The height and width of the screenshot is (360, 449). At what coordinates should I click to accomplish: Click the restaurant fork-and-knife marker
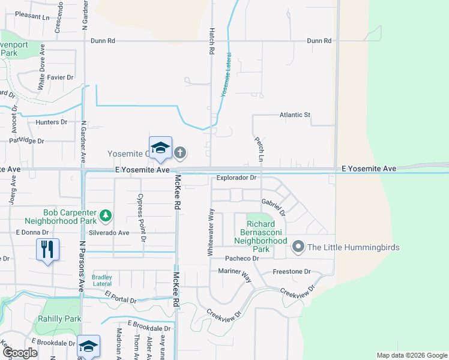[47, 249]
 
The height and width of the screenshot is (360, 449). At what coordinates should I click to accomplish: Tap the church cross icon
[179, 153]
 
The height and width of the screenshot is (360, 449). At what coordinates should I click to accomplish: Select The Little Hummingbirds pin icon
[297, 247]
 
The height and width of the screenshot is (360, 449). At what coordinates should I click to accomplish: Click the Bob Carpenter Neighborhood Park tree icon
[106, 214]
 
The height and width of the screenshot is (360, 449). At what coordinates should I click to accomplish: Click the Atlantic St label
[294, 115]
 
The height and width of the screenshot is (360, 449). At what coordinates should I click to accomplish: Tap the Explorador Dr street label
[237, 178]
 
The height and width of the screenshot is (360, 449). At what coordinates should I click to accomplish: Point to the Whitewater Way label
[211, 232]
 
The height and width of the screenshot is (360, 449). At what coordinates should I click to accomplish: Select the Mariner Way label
[235, 274]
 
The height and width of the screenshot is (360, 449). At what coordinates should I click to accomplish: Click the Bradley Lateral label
[102, 280]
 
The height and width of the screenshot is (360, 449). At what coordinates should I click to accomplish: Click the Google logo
[19, 353]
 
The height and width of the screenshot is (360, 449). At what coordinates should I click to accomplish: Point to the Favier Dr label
[61, 77]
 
